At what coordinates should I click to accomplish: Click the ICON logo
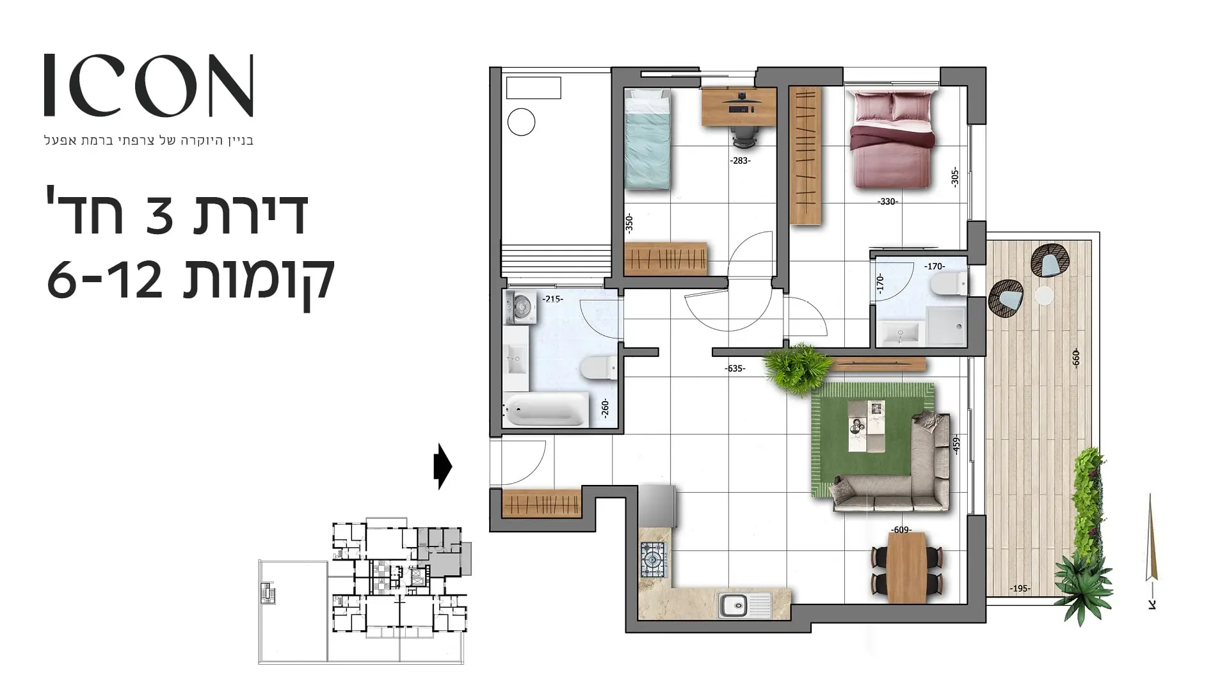(149, 86)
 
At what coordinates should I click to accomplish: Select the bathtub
(545, 409)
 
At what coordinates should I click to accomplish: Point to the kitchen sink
(745, 605)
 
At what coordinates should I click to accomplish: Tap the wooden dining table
(907, 567)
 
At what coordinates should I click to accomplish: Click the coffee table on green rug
(867, 426)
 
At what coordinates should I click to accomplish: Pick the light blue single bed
(648, 139)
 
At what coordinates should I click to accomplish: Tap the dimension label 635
(735, 369)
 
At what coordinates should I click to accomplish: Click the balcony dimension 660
(1075, 358)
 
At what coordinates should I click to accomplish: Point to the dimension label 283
(740, 161)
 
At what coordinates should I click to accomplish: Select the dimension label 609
(901, 530)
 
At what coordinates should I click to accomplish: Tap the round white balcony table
(1045, 296)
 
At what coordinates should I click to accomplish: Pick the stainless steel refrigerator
(657, 505)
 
